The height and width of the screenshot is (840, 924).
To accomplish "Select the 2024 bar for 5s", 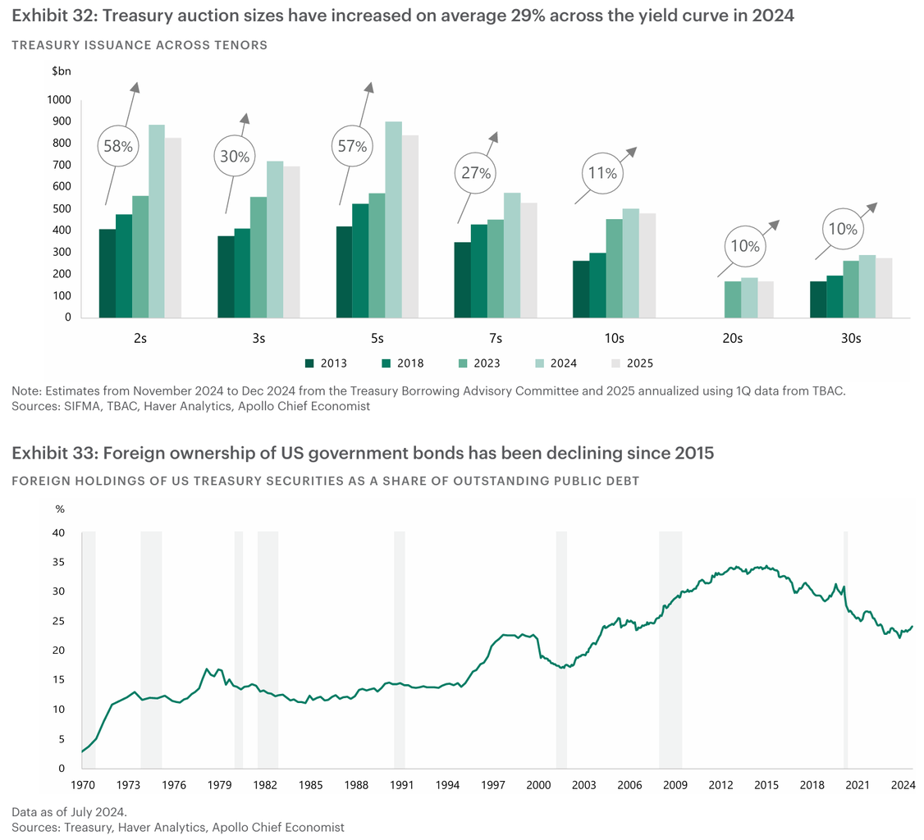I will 393,220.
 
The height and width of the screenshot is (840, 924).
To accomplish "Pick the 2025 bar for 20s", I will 765,299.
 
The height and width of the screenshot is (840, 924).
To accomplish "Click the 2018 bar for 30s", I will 834,296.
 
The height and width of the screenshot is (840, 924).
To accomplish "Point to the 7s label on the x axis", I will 496,338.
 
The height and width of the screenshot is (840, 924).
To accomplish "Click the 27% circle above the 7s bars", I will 475,174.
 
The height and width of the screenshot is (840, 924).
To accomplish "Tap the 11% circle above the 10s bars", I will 602,174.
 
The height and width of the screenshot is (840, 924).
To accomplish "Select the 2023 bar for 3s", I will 258,257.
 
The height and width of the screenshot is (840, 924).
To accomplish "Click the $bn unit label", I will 62,71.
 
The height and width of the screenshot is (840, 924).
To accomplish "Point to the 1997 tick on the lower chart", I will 493,785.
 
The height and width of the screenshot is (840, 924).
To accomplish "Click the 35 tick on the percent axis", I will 59,562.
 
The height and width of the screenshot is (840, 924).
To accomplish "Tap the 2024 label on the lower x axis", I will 903,785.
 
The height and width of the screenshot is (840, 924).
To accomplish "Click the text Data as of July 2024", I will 69,811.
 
